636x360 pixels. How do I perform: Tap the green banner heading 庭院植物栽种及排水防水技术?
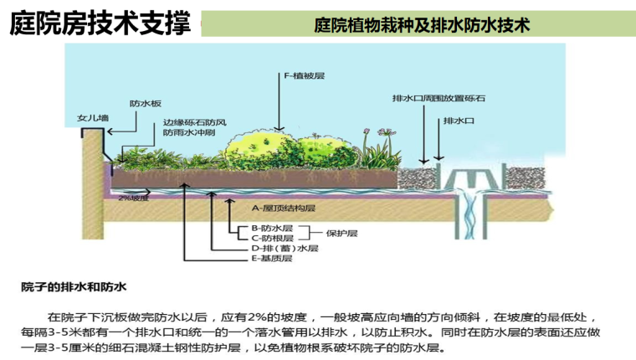point(423,24)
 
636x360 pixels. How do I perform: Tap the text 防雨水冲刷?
point(188,132)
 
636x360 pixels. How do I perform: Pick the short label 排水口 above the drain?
point(459,121)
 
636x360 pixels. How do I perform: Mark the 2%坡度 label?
point(133,198)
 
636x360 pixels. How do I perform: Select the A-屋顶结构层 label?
point(283,207)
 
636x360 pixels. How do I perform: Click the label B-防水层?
point(272,227)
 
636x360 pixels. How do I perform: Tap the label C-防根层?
point(272,238)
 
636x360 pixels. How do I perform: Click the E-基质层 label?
point(272,259)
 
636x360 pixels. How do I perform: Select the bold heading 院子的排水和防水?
point(74,287)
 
